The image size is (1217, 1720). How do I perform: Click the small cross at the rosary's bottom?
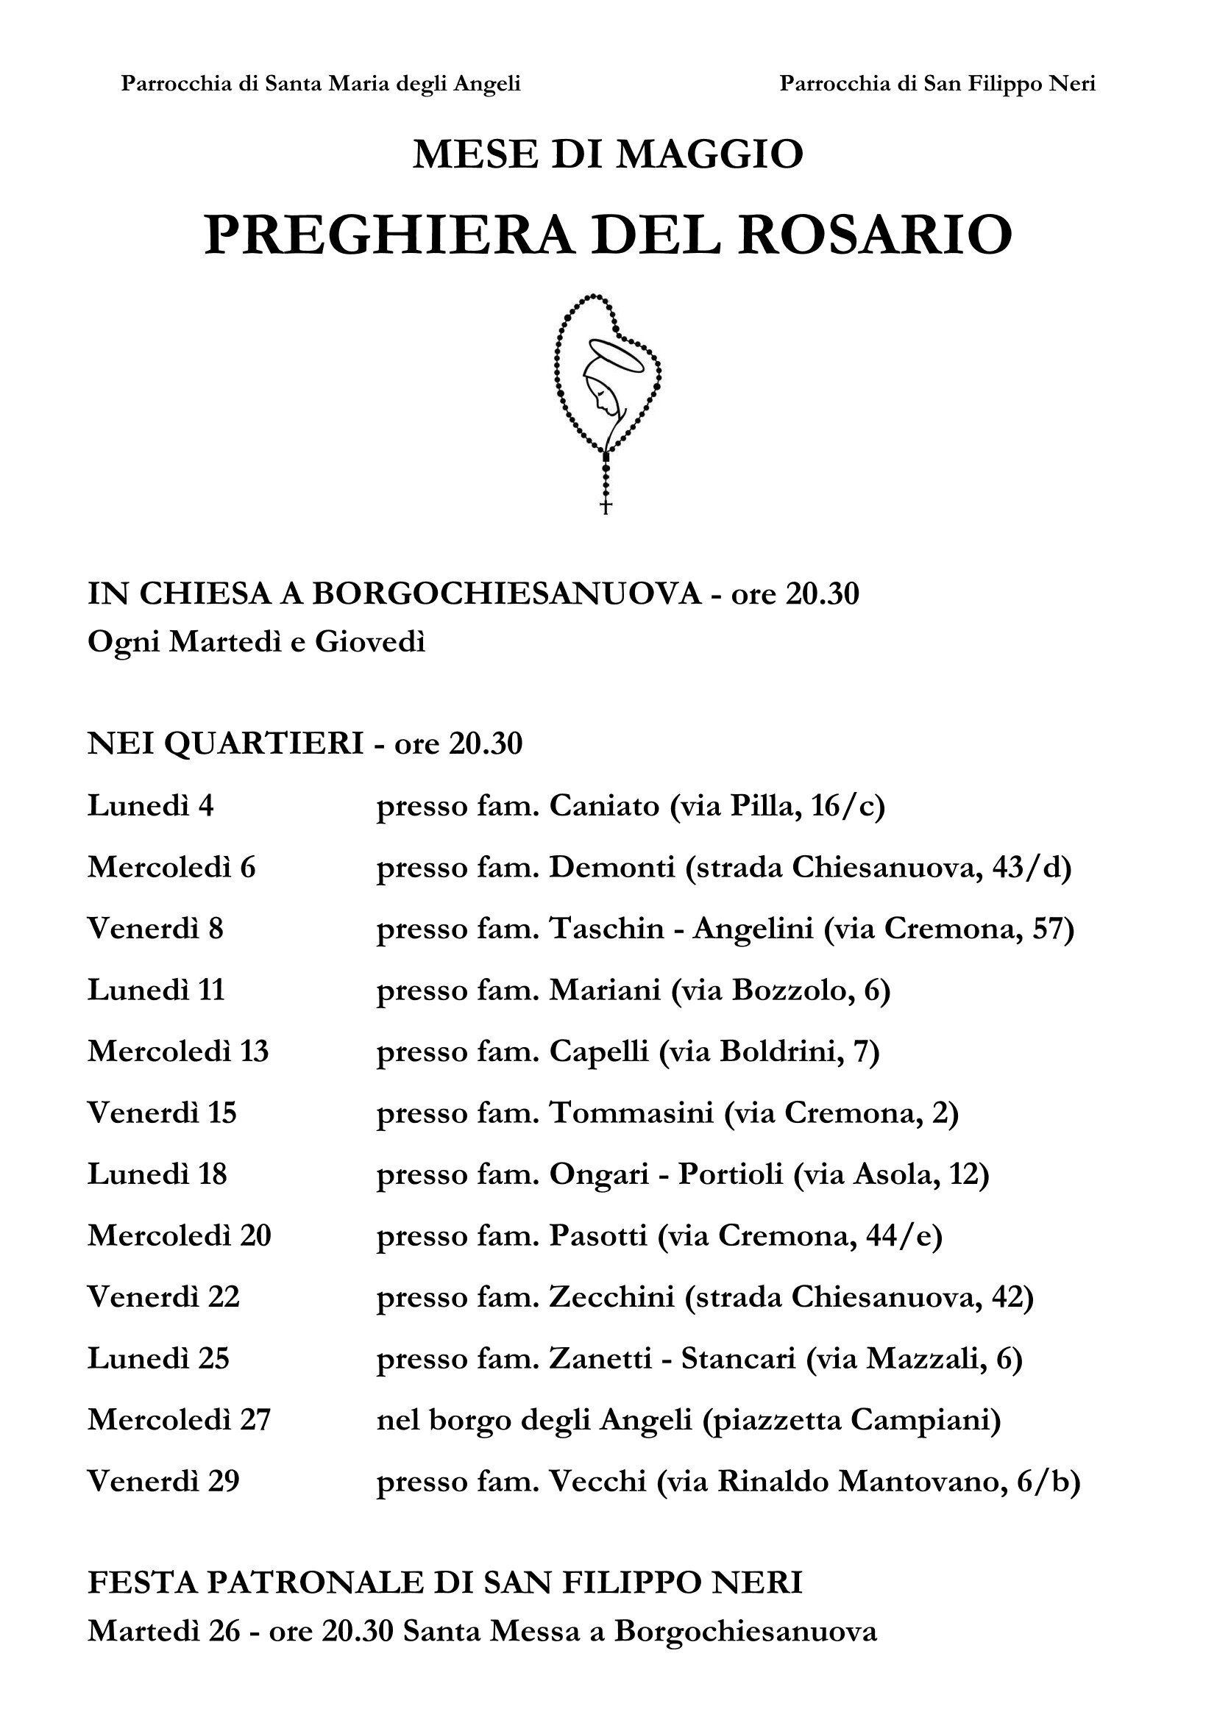pyautogui.click(x=606, y=507)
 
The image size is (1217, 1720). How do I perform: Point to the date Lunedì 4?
pyautogui.click(x=151, y=806)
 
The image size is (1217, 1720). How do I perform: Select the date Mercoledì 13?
pyautogui.click(x=178, y=1052)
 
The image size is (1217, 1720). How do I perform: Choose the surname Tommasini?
pyautogui.click(x=632, y=1113)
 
